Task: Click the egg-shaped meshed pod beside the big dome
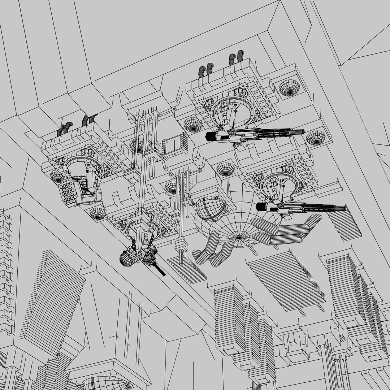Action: pyautogui.click(x=211, y=209)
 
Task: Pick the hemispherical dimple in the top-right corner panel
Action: pyautogui.click(x=289, y=87)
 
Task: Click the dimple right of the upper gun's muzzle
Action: pyautogui.click(x=316, y=138)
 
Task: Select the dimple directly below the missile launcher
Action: pyautogui.click(x=97, y=213)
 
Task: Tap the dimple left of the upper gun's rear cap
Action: pyautogui.click(x=193, y=125)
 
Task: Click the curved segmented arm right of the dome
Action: pyautogui.click(x=289, y=231)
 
